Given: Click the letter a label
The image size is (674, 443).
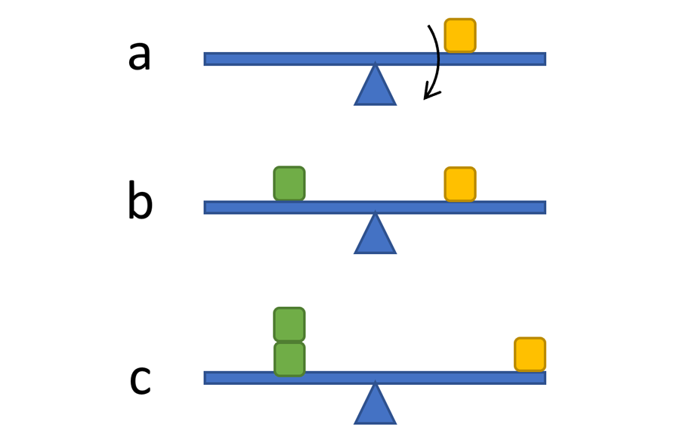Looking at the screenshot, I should [x=139, y=57].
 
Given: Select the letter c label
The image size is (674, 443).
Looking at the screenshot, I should [x=140, y=380].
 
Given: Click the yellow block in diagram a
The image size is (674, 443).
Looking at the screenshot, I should [x=459, y=36].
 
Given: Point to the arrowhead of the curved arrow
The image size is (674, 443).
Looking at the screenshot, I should [x=428, y=96].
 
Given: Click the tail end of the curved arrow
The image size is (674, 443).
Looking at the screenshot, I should [x=429, y=27].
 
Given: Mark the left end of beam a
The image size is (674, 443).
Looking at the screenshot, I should [x=207, y=59].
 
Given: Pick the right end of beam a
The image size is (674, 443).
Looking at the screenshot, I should [x=543, y=59].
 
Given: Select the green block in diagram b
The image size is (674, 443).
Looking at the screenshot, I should [x=289, y=184].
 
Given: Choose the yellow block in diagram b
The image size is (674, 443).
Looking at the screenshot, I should [x=459, y=184].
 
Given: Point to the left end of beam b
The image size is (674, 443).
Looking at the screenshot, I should [x=207, y=207].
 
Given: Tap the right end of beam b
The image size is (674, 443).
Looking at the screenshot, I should [x=543, y=207].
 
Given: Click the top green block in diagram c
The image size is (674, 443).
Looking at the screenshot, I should [x=289, y=324].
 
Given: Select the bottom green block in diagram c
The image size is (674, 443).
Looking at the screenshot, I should [x=289, y=359].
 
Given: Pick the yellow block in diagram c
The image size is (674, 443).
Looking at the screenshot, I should [x=530, y=355].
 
